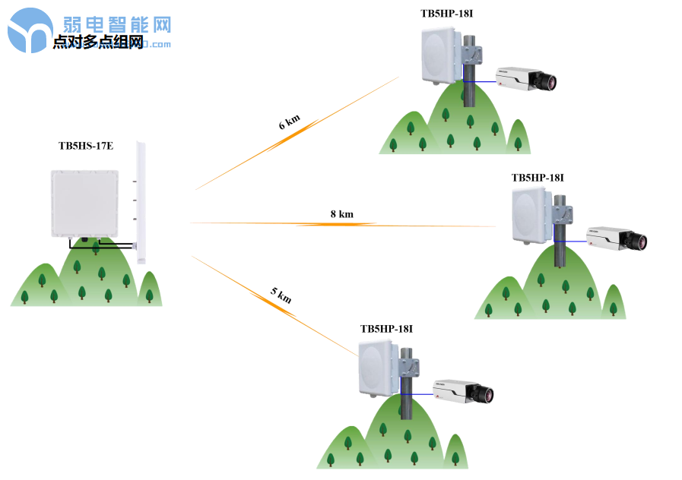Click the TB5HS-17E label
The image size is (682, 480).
tap(86, 145)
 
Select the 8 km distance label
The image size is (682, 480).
tap(341, 214)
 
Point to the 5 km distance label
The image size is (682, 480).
tap(281, 295)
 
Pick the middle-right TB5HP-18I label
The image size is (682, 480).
tap(538, 177)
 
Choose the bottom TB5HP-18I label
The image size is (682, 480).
tap(386, 328)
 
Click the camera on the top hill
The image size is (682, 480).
tap(525, 77)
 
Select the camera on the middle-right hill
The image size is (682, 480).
tap(616, 238)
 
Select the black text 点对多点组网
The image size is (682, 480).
tap(98, 43)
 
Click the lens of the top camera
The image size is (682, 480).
tap(548, 81)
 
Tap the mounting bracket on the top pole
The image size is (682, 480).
tap(474, 55)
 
